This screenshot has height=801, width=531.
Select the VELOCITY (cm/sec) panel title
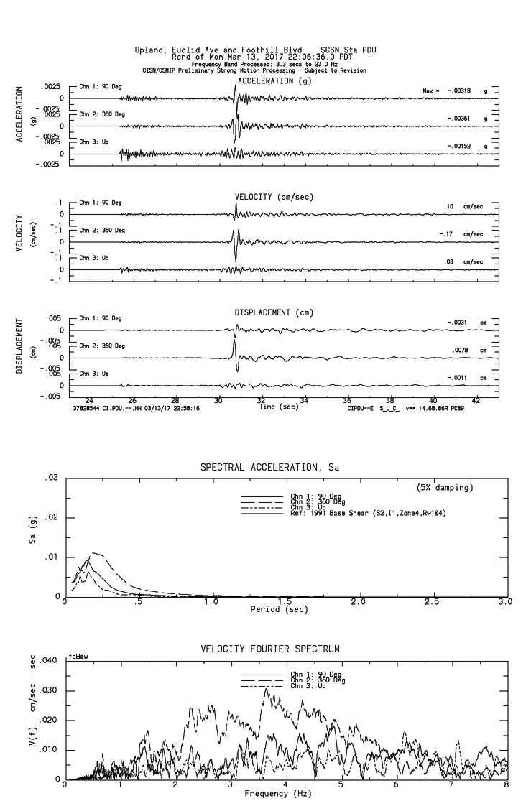(x=274, y=197)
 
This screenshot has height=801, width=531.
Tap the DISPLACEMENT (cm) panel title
(x=274, y=312)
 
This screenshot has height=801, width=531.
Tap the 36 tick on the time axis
(x=347, y=399)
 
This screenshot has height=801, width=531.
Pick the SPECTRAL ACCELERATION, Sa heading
(x=269, y=468)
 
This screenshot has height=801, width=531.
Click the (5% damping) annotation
(x=445, y=488)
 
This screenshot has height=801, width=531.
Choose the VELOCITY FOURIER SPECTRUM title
(x=269, y=649)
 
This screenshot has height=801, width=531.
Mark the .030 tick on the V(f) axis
(x=47, y=690)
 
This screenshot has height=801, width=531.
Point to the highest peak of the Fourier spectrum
(x=266, y=688)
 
